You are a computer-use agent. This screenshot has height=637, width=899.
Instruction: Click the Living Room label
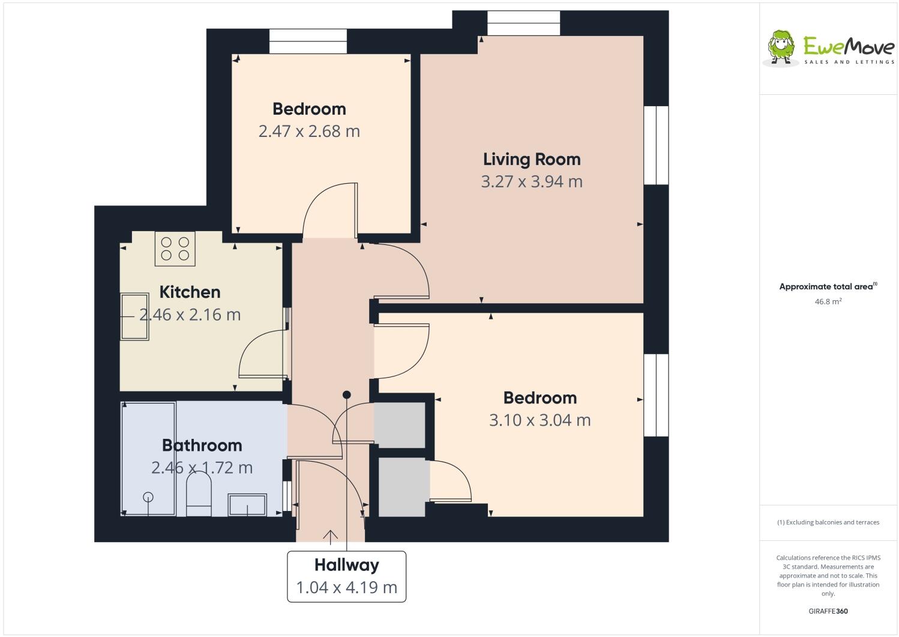pos(532,159)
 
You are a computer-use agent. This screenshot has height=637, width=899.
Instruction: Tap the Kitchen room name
pos(190,292)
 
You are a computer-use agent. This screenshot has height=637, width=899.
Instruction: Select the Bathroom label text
pos(202,445)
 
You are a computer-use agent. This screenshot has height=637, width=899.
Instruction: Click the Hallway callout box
pos(346,576)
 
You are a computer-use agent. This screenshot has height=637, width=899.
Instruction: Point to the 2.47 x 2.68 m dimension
pos(309,131)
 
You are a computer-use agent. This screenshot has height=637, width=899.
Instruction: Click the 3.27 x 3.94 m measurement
pos(532,181)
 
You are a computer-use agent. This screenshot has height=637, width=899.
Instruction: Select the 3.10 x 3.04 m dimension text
pos(540,420)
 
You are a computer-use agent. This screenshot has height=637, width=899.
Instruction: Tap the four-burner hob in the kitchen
pos(175,249)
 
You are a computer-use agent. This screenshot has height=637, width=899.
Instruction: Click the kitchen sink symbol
pos(134,316)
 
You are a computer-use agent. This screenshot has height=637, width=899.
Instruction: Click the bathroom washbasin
pos(247,505)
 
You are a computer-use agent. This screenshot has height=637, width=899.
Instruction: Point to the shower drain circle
pos(148,497)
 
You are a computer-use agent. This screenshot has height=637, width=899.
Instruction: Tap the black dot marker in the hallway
pos(346,394)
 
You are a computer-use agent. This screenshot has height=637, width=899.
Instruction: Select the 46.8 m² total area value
pos(828,301)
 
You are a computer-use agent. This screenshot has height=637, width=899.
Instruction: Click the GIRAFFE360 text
pos(828,611)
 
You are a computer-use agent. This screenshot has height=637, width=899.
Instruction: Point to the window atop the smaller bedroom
pos(308,41)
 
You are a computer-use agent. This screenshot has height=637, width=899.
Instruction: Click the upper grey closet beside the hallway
pos(399,424)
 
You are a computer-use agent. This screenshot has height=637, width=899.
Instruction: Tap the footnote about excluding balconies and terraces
pos(828,522)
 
